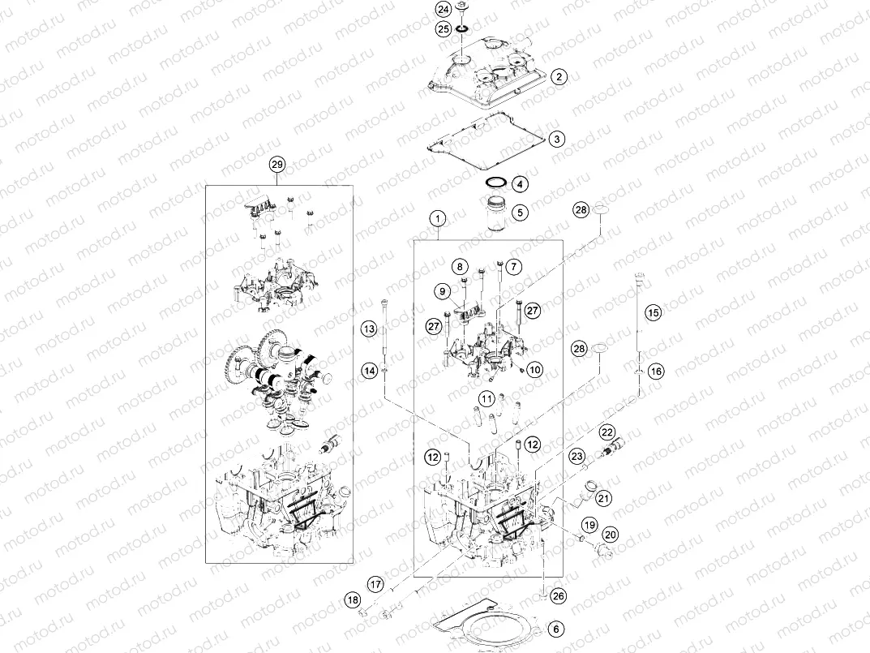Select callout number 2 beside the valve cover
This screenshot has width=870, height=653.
559,77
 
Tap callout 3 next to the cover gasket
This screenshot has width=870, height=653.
556,140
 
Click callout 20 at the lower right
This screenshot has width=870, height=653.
611,534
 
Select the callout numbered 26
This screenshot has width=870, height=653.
557,595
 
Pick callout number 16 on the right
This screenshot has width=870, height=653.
656,371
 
